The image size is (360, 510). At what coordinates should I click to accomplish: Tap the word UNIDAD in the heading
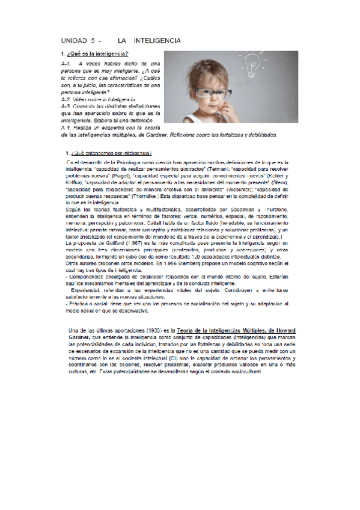tap(75, 41)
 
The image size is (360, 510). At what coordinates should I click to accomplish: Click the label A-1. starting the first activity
tap(66, 63)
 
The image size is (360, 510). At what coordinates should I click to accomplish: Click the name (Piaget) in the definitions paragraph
tap(124, 176)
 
